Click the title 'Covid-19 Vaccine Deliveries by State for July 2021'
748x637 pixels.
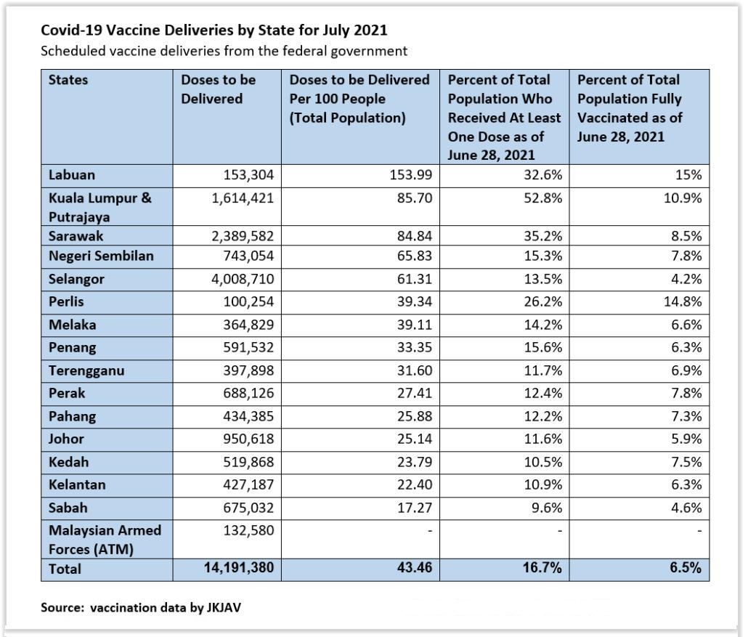coord(214,31)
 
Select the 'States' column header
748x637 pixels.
coord(68,80)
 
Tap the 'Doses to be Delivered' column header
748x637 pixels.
coord(219,89)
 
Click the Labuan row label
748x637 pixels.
coord(72,175)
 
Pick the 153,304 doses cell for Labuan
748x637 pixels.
coord(243,175)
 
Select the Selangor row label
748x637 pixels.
coord(76,279)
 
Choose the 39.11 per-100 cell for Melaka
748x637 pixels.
coord(415,325)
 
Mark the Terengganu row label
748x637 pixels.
coord(86,370)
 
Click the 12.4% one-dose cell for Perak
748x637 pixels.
coord(542,393)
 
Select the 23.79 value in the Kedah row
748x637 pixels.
coord(415,462)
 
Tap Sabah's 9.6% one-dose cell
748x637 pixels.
coord(547,508)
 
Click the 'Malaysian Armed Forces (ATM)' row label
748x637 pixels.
coord(105,540)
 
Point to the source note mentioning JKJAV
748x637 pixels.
coord(140,607)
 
